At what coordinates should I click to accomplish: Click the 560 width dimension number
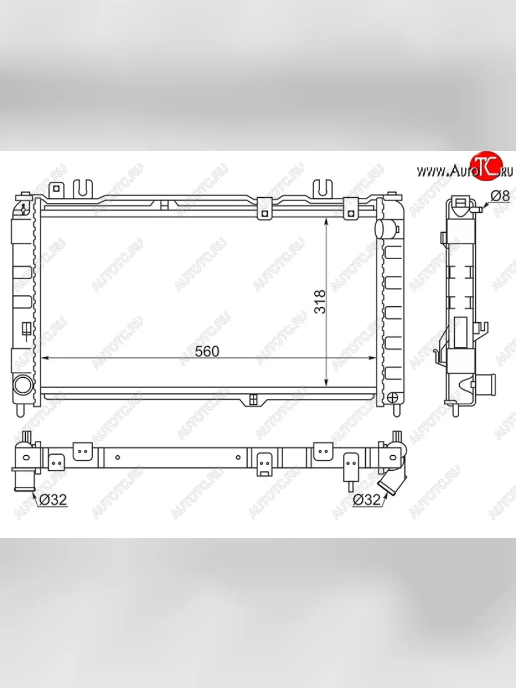point(207,351)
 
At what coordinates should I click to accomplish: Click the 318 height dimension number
point(320,302)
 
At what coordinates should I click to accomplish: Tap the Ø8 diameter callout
point(500,196)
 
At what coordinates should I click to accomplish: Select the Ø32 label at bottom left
point(53,499)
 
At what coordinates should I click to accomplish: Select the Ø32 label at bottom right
point(366,499)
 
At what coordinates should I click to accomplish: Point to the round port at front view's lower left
point(23,385)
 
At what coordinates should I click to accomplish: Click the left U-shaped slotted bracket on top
point(83,189)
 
